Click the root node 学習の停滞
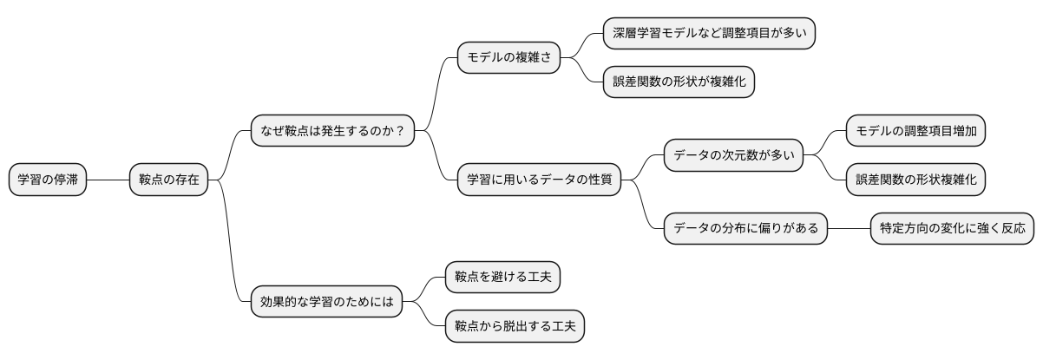pyautogui.click(x=47, y=180)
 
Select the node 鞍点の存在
pyautogui.click(x=168, y=180)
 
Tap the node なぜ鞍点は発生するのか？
pyautogui.click(x=331, y=131)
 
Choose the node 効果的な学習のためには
pyautogui.click(x=326, y=302)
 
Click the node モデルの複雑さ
pyautogui.click(x=508, y=57)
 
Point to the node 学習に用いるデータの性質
pyautogui.click(x=539, y=180)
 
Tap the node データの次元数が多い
pyautogui.click(x=733, y=155)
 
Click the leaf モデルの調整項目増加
pyautogui.click(x=915, y=131)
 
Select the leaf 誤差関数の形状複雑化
pyautogui.click(x=915, y=180)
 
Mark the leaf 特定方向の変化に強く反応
pyautogui.click(x=952, y=228)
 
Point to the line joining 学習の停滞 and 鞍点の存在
pyautogui.click(x=107, y=180)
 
